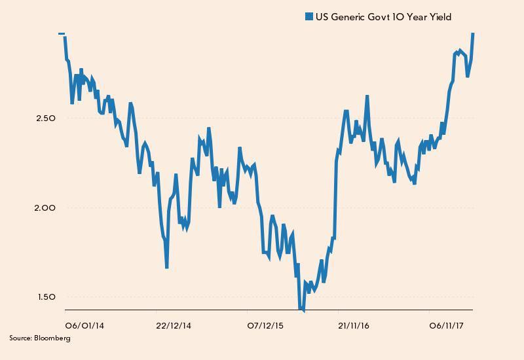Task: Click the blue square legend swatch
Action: (x=309, y=17)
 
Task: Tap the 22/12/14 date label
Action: (x=173, y=325)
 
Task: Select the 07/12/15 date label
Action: (x=265, y=325)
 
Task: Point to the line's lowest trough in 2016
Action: (x=302, y=310)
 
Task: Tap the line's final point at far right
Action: (x=473, y=33)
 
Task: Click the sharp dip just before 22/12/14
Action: (x=167, y=267)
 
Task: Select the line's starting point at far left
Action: (x=62, y=33)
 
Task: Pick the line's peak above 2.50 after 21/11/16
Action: (x=367, y=96)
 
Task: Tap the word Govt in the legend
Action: (x=378, y=17)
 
